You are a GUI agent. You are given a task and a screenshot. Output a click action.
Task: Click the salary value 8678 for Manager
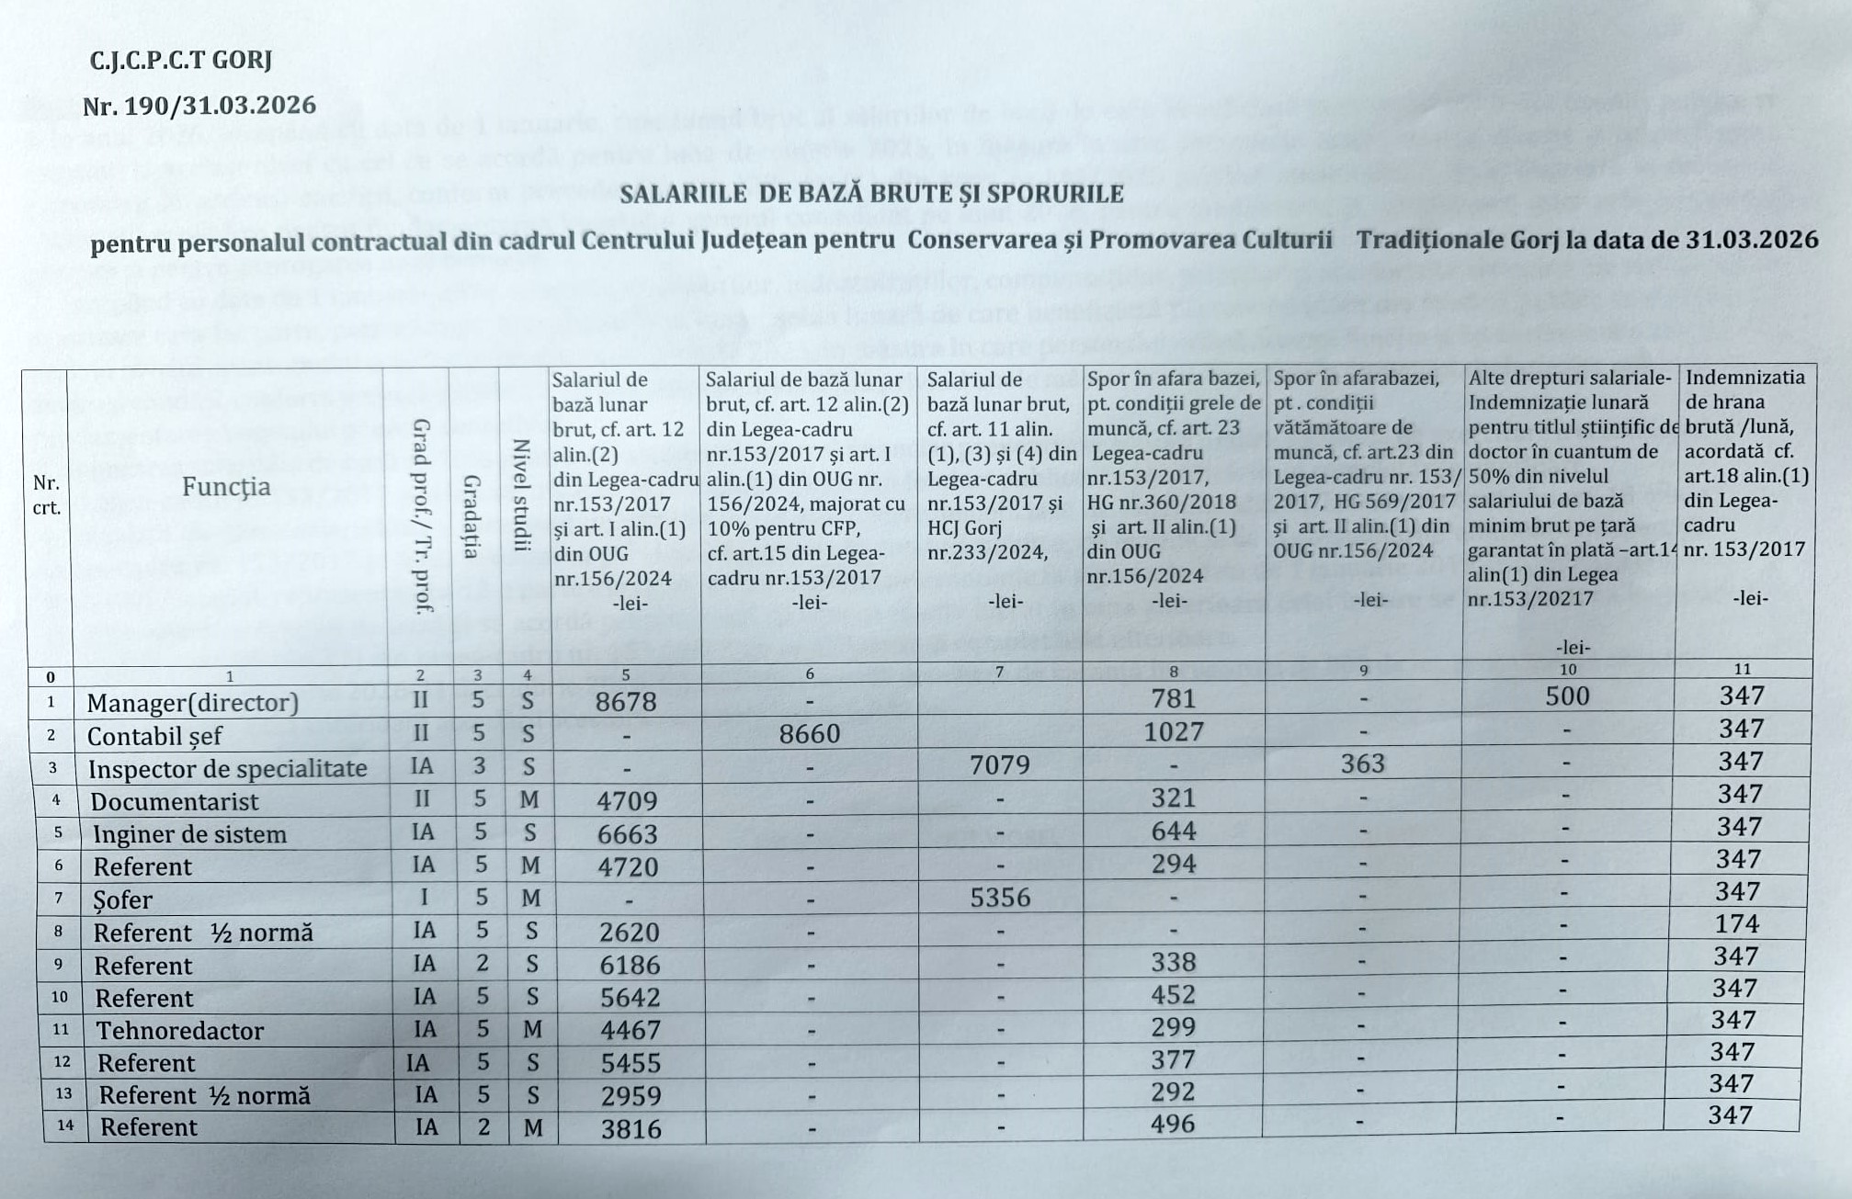click(x=626, y=702)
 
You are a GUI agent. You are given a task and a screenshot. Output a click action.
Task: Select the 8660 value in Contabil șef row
click(x=809, y=733)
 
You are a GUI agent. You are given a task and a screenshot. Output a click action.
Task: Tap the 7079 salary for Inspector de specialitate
click(x=1000, y=764)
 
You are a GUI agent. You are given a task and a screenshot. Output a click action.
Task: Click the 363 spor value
click(x=1362, y=764)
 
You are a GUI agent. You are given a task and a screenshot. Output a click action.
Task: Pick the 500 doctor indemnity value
click(x=1567, y=696)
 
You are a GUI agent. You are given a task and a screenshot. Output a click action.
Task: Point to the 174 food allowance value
click(x=1736, y=923)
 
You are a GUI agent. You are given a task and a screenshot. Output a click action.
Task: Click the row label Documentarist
click(x=175, y=801)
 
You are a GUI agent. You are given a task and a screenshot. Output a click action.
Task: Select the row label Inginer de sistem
click(x=189, y=834)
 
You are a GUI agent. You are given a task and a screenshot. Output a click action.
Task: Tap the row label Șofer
click(x=122, y=899)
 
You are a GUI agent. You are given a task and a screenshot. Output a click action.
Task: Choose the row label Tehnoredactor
click(x=180, y=1031)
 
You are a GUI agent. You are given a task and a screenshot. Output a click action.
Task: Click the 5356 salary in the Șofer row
click(x=1000, y=897)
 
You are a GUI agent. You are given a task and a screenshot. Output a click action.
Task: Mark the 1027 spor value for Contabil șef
click(x=1174, y=731)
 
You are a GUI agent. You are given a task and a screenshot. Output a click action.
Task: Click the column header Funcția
click(x=226, y=486)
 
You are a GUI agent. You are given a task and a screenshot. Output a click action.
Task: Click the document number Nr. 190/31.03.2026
click(x=199, y=106)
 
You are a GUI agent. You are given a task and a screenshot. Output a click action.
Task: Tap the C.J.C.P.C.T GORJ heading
click(x=181, y=61)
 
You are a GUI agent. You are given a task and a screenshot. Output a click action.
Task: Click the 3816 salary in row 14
click(x=631, y=1128)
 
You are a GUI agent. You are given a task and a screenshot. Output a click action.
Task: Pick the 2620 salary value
click(x=629, y=932)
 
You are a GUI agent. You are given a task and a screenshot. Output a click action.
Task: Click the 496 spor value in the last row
click(x=1173, y=1123)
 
